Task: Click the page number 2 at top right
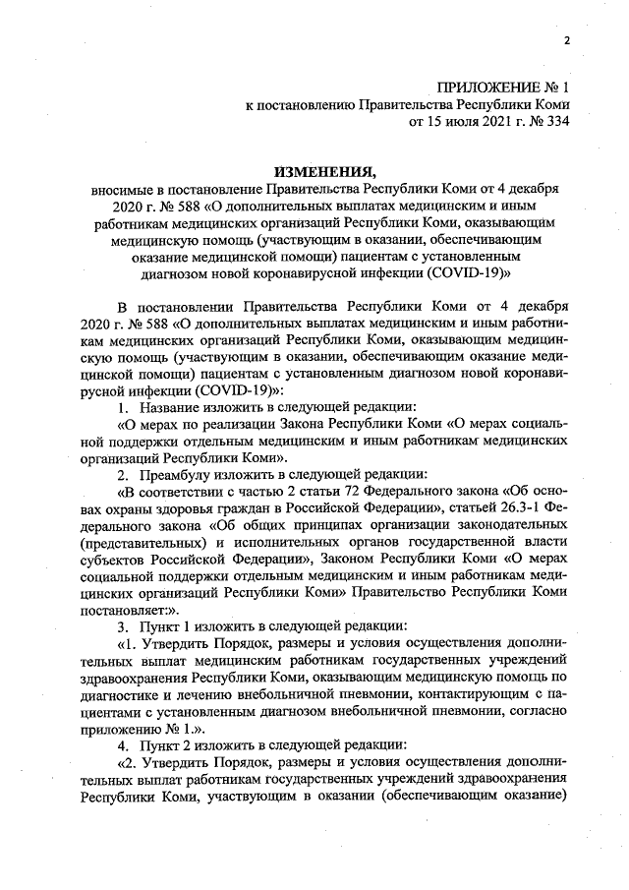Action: click(567, 40)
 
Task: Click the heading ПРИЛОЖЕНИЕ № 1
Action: click(502, 88)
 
